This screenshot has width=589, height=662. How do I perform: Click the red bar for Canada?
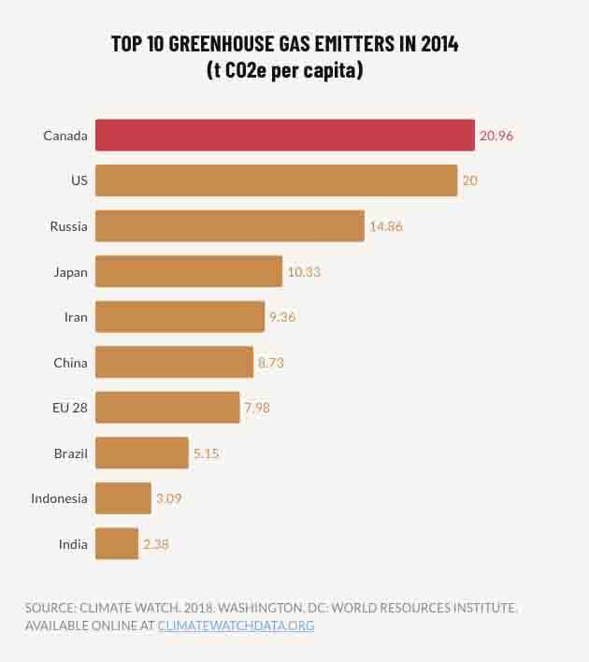(x=285, y=136)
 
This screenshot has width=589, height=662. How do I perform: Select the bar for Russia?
(x=230, y=226)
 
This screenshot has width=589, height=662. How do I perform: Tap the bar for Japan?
(x=189, y=272)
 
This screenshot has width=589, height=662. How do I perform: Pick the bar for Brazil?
(x=142, y=453)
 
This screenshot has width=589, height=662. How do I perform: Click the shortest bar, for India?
(x=117, y=544)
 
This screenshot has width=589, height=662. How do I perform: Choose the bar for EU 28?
(x=167, y=408)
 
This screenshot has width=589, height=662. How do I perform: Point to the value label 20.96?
(x=496, y=136)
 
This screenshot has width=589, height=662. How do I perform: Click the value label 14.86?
(x=386, y=226)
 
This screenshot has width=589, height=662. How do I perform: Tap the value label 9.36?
(x=282, y=317)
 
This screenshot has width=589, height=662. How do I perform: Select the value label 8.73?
(x=271, y=363)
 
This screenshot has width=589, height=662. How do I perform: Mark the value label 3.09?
(x=169, y=498)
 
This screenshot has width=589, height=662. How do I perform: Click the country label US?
(x=79, y=180)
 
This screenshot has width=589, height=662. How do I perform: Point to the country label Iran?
(x=76, y=317)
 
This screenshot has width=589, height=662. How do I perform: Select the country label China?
(x=70, y=363)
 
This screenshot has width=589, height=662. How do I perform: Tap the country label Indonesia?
(x=59, y=498)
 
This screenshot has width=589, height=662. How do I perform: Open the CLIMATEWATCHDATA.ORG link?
(x=236, y=626)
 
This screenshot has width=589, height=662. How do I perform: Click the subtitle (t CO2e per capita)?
(x=284, y=70)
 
